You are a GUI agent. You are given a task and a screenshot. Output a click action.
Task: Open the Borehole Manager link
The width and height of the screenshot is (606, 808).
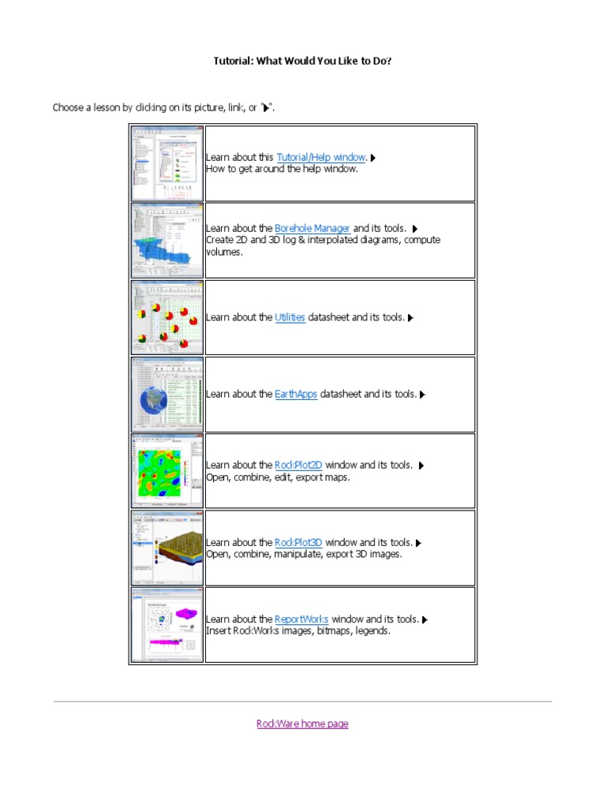click(312, 229)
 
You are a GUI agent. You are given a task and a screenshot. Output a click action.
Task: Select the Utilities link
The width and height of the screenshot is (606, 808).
click(290, 317)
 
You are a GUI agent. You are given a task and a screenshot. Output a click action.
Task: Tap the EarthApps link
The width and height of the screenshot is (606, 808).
click(296, 394)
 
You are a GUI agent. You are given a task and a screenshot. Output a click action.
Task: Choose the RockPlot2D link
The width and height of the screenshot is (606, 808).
click(298, 466)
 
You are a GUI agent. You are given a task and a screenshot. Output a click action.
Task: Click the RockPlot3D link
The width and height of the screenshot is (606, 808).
click(298, 543)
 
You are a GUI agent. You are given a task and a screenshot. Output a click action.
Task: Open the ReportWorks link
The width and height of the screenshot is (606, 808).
click(301, 619)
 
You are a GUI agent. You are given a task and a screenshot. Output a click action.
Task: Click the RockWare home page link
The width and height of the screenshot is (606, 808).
click(302, 724)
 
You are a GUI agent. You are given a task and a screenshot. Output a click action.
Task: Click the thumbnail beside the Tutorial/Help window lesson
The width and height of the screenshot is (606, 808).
click(166, 163)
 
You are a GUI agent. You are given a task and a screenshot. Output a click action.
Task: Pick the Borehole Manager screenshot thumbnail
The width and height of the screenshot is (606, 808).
click(166, 240)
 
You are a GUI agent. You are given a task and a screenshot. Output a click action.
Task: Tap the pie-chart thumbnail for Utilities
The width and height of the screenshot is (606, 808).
click(166, 317)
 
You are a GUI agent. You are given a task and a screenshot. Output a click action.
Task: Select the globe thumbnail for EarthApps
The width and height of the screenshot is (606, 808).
click(166, 394)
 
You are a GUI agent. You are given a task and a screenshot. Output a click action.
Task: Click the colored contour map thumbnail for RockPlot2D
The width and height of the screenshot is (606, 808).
click(166, 471)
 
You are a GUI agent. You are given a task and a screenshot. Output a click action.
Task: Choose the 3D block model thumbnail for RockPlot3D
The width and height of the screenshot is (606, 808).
click(166, 548)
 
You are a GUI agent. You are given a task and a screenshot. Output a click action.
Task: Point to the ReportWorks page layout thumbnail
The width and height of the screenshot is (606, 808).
click(166, 625)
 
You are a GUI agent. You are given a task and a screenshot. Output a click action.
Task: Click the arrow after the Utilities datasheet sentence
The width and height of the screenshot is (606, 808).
click(411, 318)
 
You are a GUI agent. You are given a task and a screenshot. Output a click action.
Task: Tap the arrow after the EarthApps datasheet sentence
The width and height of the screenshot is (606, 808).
click(423, 395)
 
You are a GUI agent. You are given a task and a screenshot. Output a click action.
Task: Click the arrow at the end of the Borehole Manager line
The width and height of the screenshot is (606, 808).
click(414, 230)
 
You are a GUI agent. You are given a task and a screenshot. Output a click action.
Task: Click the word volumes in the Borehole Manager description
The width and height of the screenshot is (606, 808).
click(224, 252)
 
